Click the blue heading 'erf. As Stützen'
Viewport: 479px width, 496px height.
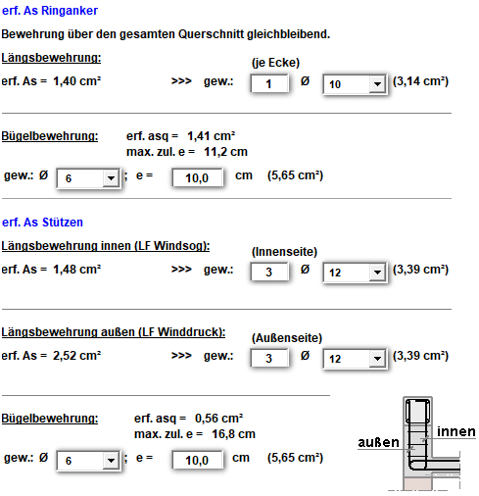coord(43,223)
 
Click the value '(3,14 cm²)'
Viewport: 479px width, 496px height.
coord(421,80)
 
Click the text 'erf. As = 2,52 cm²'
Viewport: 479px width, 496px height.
coord(51,358)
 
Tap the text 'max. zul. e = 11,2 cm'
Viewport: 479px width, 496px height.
coord(186,152)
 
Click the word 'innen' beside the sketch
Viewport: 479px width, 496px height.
coord(456,431)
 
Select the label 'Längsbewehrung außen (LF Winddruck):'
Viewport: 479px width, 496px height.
coord(114,332)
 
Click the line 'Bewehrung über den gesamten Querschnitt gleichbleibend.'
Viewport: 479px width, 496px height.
coord(166,34)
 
